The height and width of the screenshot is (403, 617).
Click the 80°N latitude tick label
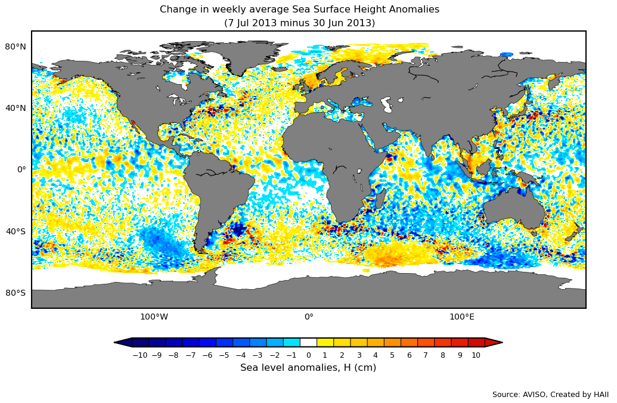click(15, 46)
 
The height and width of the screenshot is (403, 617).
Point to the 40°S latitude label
click(15, 231)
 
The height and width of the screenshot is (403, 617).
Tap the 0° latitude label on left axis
click(21, 169)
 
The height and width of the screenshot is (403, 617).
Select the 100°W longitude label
click(154, 317)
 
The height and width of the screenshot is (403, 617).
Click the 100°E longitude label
click(461, 317)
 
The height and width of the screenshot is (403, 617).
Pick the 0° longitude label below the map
click(309, 317)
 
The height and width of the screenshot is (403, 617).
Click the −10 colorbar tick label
click(139, 355)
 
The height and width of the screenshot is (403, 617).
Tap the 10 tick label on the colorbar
click(476, 355)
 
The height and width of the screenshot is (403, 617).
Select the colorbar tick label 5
click(392, 355)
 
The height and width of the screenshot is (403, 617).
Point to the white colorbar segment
click(308, 342)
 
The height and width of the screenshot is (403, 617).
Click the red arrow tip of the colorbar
click(494, 342)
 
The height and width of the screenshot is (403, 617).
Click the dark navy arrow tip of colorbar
click(123, 342)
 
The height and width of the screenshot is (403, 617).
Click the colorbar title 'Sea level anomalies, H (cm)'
click(308, 368)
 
